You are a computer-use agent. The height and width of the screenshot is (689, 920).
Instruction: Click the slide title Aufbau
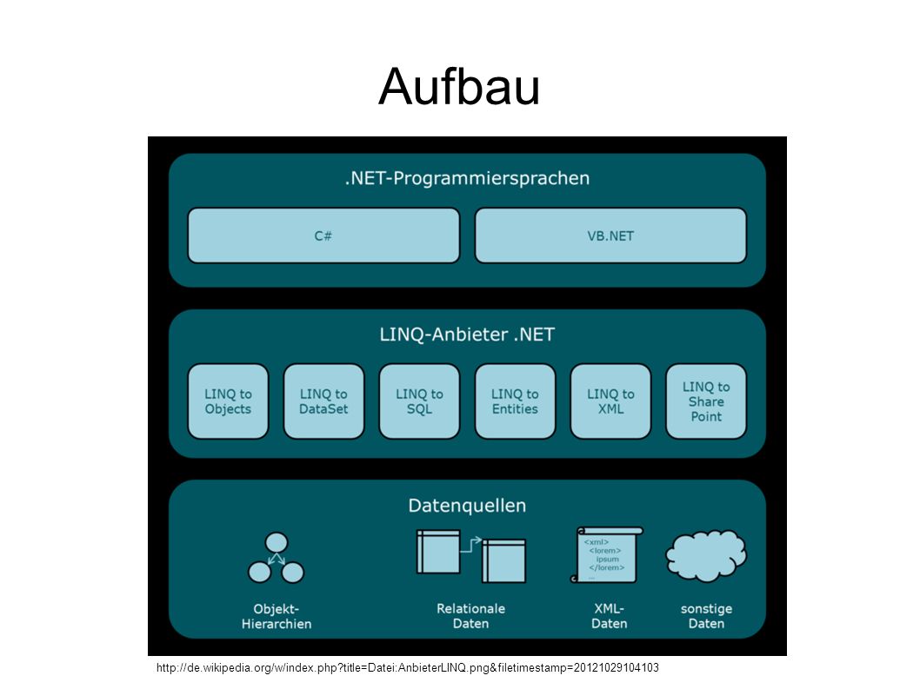459,86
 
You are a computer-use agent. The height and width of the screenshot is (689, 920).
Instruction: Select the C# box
323,235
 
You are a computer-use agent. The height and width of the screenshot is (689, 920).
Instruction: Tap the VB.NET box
610,235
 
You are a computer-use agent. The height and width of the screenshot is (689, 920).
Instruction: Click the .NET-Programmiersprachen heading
467,178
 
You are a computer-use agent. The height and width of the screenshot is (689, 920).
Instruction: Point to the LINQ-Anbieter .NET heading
467,335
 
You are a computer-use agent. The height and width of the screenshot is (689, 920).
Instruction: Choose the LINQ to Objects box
228,401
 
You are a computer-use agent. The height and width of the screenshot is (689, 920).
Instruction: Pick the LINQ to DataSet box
323,401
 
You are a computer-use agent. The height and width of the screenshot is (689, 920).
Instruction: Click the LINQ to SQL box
419,401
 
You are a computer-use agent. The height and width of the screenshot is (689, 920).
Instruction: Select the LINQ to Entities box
515,401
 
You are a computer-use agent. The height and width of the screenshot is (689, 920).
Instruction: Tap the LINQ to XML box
610,401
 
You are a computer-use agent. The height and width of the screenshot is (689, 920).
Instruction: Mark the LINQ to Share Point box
706,401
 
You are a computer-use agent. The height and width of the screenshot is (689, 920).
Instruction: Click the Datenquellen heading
467,506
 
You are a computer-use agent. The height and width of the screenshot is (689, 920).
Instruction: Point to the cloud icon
706,555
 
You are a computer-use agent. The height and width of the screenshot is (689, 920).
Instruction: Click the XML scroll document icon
607,554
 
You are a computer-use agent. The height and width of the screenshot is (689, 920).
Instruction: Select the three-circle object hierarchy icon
276,558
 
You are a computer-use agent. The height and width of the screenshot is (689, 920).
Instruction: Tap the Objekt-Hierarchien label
276,616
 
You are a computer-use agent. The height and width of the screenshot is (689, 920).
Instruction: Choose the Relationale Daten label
470,616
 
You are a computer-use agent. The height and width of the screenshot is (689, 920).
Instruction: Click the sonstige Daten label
706,616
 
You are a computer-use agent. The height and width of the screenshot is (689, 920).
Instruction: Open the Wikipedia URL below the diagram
407,668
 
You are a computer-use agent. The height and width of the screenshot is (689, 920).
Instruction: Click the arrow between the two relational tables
470,545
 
